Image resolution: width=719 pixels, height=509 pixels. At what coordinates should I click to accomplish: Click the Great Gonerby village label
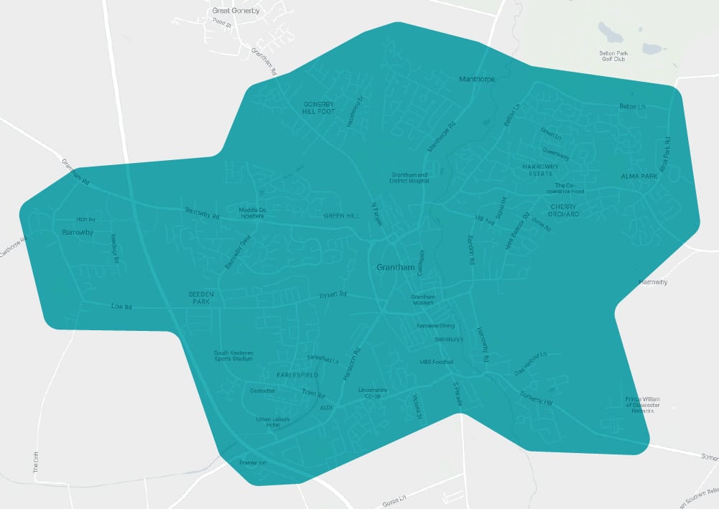click(236, 11)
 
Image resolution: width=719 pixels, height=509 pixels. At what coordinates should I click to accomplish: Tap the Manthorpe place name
click(477, 79)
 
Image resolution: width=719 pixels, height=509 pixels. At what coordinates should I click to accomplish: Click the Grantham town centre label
click(396, 268)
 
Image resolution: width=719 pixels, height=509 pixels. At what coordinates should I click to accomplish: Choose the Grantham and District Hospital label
click(409, 178)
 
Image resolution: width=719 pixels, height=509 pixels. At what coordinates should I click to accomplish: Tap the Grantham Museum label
click(423, 300)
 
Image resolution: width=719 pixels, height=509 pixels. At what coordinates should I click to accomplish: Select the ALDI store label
click(327, 407)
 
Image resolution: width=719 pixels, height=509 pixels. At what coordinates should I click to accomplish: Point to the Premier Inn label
click(252, 463)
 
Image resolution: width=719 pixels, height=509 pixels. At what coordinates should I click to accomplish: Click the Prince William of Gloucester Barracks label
click(642, 405)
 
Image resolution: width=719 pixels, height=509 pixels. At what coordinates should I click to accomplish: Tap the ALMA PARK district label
click(639, 176)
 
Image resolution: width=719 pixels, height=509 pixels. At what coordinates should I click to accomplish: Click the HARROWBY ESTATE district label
click(539, 169)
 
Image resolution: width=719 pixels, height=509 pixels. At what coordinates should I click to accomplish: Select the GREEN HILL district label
click(340, 215)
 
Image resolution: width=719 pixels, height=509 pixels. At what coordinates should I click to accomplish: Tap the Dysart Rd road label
click(333, 295)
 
